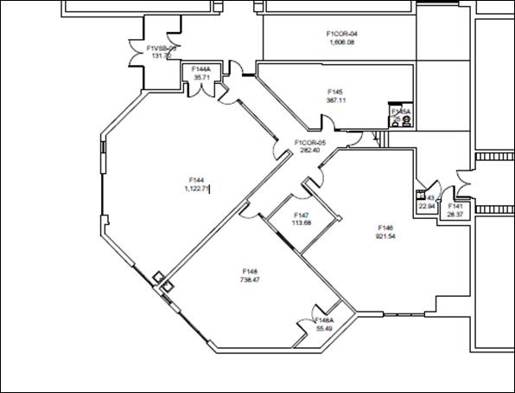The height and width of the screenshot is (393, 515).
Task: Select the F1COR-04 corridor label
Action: pos(341,34)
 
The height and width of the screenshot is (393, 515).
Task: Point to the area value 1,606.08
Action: pos(341,42)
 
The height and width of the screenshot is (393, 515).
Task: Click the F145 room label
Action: pos(335,92)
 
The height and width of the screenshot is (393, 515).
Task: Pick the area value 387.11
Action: pos(335,100)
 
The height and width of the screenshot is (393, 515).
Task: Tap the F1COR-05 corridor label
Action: pos(309,142)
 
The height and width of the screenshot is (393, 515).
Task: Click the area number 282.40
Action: pos(309,150)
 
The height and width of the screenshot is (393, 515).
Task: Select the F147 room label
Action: pos(302,215)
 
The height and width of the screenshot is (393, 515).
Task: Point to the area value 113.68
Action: pos(302,222)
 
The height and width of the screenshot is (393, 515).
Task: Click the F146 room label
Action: pos(385,228)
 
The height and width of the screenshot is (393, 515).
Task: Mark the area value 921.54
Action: pos(385,235)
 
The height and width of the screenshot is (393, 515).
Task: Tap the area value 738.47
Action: pos(250,280)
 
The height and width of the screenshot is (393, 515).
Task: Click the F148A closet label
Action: pos(325,320)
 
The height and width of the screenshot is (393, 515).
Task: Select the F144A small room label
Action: pos(202,68)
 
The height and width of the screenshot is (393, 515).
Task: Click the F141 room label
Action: pos(455,206)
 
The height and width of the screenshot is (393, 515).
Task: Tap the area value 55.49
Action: pos(325,328)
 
